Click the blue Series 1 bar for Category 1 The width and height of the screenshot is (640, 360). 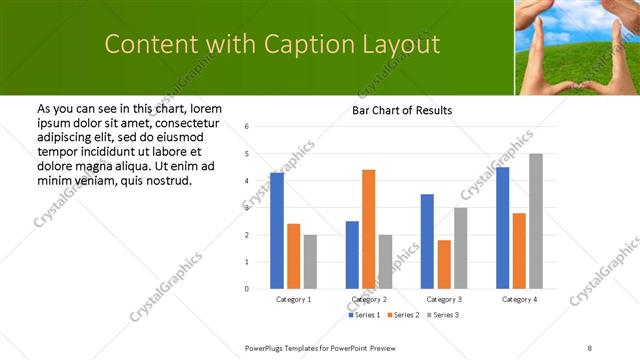coord(277,231)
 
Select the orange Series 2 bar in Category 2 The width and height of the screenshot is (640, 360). coord(368,229)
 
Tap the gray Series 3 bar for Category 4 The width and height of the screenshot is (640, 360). coord(535,221)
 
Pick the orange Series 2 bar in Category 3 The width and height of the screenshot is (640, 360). coord(443,264)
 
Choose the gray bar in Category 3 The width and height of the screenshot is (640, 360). coord(460,248)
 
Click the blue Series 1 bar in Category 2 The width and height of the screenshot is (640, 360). coord(352,255)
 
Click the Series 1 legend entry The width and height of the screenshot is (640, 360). coord(364,315)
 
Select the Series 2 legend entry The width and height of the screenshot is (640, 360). coord(402,315)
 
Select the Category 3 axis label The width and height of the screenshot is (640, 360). coord(443,299)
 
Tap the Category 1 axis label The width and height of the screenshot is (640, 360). coord(293,299)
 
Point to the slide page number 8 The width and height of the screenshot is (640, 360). coord(590,347)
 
